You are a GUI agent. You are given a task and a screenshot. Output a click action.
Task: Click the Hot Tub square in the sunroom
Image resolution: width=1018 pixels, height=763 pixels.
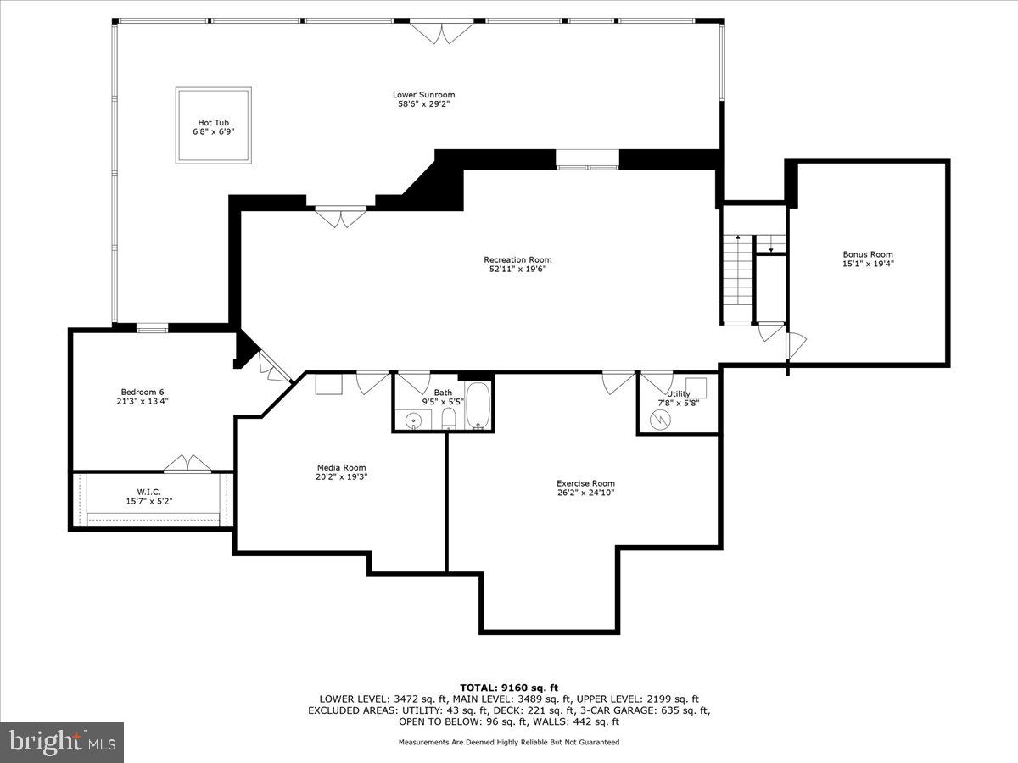pyautogui.click(x=214, y=125)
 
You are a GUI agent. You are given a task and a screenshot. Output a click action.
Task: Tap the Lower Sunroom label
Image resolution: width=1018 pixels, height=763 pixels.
pyautogui.click(x=423, y=95)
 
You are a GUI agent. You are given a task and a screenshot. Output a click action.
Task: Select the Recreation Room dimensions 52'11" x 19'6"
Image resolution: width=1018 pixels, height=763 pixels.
pyautogui.click(x=517, y=270)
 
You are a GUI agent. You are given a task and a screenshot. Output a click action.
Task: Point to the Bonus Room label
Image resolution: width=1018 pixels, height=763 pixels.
pyautogui.click(x=867, y=254)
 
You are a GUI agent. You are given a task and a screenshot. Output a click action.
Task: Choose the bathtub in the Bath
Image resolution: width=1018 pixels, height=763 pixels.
pyautogui.click(x=478, y=407)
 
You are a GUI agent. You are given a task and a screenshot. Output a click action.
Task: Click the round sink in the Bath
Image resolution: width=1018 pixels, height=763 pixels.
pyautogui.click(x=414, y=420)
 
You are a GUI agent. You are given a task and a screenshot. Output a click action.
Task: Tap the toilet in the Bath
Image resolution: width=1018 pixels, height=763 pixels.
pyautogui.click(x=450, y=420)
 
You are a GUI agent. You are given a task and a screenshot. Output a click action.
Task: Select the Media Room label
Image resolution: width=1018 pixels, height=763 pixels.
pyautogui.click(x=341, y=467)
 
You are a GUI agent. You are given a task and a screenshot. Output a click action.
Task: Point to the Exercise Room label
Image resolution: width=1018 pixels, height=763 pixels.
pyautogui.click(x=585, y=483)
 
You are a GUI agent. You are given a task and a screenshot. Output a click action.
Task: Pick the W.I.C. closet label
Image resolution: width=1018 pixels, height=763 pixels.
pyautogui.click(x=149, y=492)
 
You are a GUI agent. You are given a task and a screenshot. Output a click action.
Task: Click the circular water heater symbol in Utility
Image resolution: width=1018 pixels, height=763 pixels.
pyautogui.click(x=659, y=419)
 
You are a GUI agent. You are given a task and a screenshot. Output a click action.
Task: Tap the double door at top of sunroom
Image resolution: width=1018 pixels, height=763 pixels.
pyautogui.click(x=439, y=33)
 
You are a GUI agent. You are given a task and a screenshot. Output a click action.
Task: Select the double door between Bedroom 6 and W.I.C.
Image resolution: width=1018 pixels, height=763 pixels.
pyautogui.click(x=187, y=463)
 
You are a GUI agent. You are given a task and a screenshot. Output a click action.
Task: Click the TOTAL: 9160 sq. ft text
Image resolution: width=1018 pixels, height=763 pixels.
pyautogui.click(x=509, y=688)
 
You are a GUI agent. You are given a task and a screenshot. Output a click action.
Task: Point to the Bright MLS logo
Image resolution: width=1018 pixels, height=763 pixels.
pyautogui.click(x=61, y=742)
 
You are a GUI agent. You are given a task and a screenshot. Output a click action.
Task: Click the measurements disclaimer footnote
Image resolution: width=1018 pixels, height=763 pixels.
pyautogui.click(x=509, y=742)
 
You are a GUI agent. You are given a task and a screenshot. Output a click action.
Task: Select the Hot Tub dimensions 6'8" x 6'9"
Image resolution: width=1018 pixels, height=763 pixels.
pyautogui.click(x=214, y=131)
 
